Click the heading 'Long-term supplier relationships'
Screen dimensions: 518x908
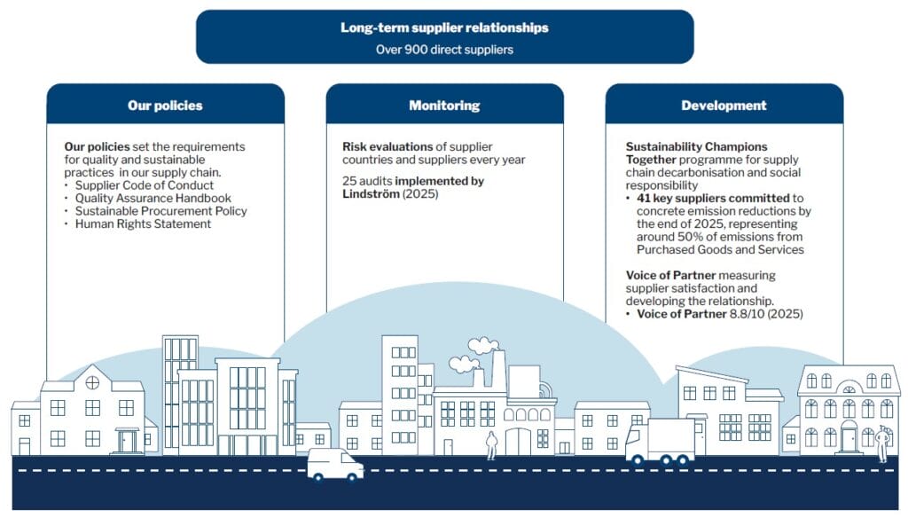[444, 27]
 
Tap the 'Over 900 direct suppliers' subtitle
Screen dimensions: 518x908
[444, 50]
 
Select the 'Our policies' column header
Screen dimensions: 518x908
[165, 106]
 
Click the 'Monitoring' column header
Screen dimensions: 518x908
[444, 106]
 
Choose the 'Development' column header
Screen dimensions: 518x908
[724, 106]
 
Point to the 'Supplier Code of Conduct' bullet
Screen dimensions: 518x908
[145, 185]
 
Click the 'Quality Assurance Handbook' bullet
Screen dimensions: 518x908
[153, 199]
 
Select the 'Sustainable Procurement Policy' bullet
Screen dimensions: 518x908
[160, 211]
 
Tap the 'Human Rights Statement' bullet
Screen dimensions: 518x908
[143, 224]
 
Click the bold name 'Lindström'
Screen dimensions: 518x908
[373, 193]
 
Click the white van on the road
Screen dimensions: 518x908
[335, 464]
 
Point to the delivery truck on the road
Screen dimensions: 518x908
[661, 441]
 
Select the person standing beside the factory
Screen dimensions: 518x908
[491, 444]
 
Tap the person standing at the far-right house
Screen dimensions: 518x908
[881, 443]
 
